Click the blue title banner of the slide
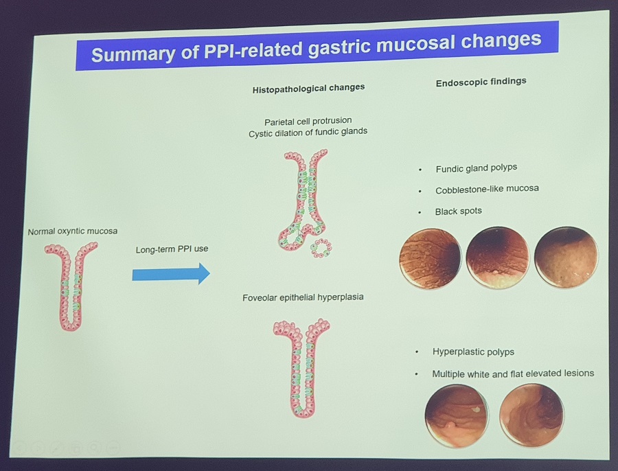[x=317, y=46]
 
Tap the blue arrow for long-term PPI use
[x=171, y=274]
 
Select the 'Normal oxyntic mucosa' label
[x=73, y=231]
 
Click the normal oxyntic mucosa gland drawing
[x=71, y=286]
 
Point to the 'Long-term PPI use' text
[x=172, y=249]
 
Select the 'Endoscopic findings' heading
[x=481, y=82]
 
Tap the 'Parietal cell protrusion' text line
[x=308, y=121]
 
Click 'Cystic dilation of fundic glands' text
[x=308, y=132]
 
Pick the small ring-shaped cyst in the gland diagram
[x=321, y=248]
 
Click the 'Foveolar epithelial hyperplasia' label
[x=303, y=297]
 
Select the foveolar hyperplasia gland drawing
[x=302, y=368]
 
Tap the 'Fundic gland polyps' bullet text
[x=476, y=168]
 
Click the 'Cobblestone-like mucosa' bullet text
[x=487, y=189]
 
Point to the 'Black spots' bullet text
[x=459, y=211]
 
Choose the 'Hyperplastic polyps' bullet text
[x=473, y=352]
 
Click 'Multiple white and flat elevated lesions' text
[x=513, y=374]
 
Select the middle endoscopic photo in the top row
[x=497, y=257]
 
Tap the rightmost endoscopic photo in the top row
[x=566, y=256]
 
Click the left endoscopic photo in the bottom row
[x=457, y=416]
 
